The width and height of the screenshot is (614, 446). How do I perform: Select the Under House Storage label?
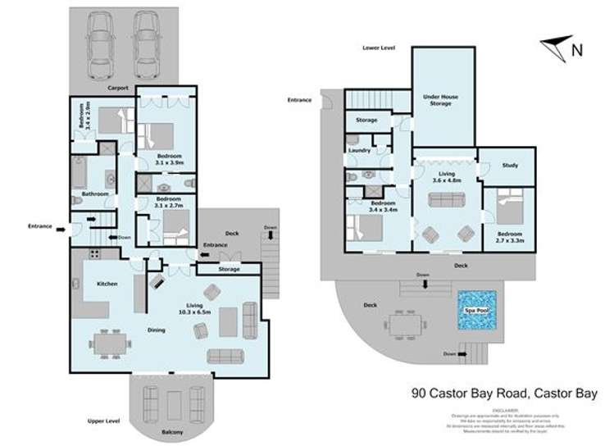tap(440, 101)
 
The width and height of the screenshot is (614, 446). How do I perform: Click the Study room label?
tap(508, 166)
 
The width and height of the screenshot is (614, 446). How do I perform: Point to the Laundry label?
tap(360, 151)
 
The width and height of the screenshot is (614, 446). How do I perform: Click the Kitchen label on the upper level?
tap(107, 284)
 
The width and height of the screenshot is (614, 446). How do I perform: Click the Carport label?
tap(120, 84)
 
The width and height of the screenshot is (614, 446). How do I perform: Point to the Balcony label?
tap(171, 432)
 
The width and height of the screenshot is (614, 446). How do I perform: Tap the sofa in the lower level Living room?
tap(446, 200)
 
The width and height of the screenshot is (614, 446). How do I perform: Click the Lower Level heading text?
tap(379, 48)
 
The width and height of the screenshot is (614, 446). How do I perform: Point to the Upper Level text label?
tap(103, 421)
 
